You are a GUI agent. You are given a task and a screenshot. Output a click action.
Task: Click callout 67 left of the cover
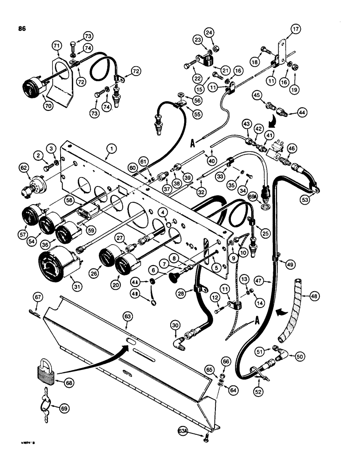pyautogui.click(x=38, y=296)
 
